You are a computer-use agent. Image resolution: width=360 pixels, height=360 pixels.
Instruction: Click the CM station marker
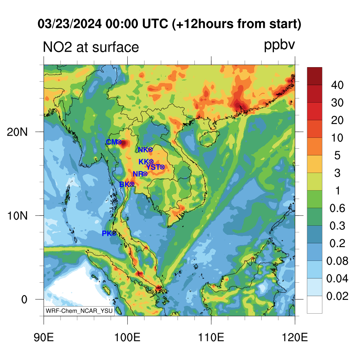(119, 142)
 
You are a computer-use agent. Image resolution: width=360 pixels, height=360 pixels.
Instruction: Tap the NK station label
(143, 150)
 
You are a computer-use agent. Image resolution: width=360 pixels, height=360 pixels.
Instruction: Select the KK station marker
(151, 162)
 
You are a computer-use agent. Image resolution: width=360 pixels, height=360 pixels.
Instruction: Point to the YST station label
(153, 167)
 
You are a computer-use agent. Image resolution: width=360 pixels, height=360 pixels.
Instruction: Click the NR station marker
(145, 174)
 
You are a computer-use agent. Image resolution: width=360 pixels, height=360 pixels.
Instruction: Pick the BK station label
(124, 184)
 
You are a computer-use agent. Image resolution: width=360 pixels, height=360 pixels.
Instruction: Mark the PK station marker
(114, 233)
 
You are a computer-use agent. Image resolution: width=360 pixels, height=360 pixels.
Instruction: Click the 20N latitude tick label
(17, 132)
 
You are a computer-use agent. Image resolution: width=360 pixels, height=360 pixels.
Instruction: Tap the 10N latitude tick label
(17, 216)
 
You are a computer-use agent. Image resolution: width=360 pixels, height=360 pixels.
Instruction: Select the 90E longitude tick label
(44, 337)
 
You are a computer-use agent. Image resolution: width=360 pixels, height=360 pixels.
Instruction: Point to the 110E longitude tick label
(211, 337)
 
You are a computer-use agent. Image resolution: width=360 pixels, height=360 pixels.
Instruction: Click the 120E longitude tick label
(295, 337)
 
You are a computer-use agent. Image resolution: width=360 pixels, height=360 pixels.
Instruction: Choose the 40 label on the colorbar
(337, 85)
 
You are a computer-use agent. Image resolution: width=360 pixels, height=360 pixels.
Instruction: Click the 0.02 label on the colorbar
(337, 296)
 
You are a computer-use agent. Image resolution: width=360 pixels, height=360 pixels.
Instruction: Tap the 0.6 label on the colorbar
(337, 208)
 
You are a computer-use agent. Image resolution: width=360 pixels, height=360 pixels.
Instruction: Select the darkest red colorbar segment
(315, 76)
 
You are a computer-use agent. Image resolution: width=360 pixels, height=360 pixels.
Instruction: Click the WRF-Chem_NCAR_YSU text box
(79, 311)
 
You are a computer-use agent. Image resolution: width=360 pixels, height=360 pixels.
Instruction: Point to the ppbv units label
(279, 45)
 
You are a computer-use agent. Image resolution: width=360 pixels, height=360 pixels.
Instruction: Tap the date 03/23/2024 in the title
(70, 24)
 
